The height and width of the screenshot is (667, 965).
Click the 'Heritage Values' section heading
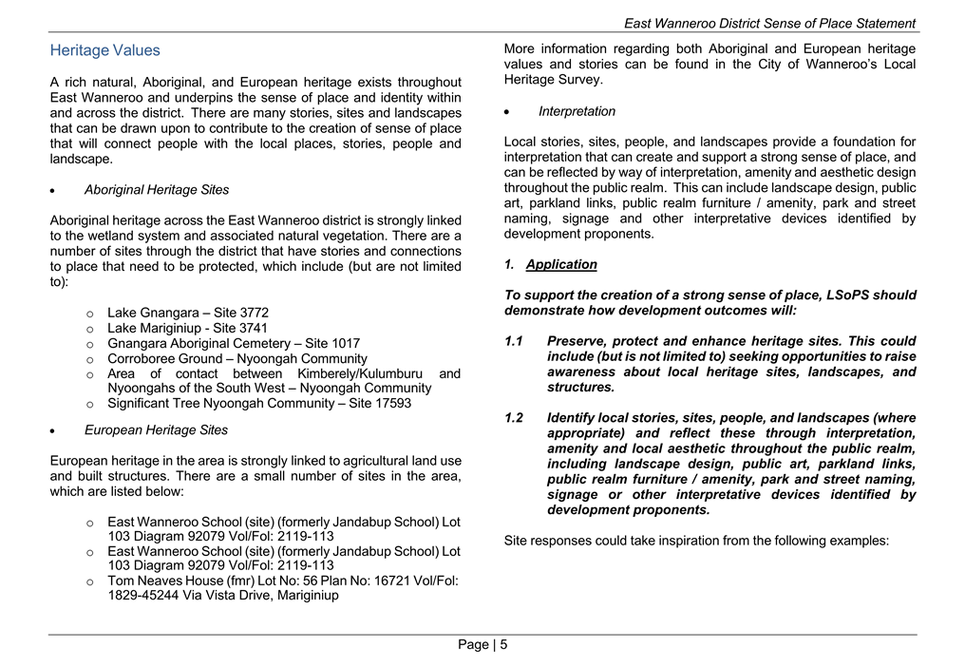104,50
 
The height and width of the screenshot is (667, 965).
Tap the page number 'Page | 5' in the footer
482,645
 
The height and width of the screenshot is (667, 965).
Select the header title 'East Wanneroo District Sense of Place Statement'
769,23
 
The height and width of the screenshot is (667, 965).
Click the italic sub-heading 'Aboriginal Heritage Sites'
156,190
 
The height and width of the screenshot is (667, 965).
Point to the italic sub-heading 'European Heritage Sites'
156,430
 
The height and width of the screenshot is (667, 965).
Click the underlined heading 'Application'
561,265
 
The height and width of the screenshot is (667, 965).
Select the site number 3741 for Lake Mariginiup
249,328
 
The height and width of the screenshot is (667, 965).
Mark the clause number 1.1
514,341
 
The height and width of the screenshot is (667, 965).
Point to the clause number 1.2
514,418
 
